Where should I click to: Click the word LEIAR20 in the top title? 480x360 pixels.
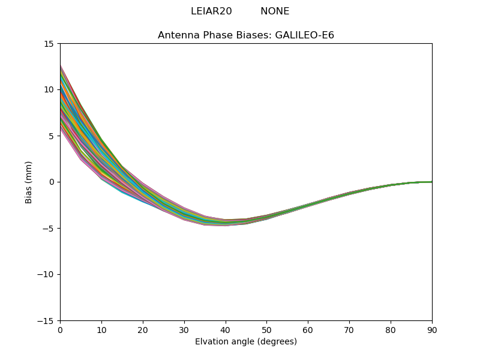click(x=211, y=11)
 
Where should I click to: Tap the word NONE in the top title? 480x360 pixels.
click(x=275, y=11)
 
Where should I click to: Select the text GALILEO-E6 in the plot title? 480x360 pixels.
click(x=304, y=35)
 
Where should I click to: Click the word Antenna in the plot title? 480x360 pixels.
click(x=177, y=35)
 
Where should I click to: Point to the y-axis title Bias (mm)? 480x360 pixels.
click(x=28, y=182)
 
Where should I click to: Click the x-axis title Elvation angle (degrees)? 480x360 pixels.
click(x=246, y=342)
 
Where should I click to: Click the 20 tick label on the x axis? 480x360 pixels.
click(x=143, y=329)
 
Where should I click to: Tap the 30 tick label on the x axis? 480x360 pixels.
click(x=184, y=329)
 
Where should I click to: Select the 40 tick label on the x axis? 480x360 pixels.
click(x=226, y=329)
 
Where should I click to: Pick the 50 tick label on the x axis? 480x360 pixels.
click(x=266, y=329)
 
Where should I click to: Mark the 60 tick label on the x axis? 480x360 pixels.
click(x=308, y=329)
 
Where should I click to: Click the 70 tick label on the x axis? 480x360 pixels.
click(x=349, y=329)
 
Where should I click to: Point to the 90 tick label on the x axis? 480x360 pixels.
click(x=432, y=329)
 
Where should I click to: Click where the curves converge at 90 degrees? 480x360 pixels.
click(x=431, y=182)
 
